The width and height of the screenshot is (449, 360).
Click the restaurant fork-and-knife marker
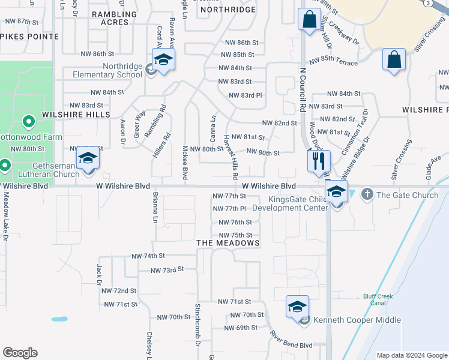click(x=318, y=160)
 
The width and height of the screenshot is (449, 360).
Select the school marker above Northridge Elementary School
click(x=163, y=59)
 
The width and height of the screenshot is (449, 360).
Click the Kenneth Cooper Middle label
click(x=357, y=320)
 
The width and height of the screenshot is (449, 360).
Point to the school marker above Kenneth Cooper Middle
click(x=297, y=307)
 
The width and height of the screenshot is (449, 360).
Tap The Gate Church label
click(x=407, y=195)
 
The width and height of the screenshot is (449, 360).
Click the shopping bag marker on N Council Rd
click(x=309, y=20)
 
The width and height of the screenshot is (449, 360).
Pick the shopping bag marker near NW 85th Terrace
click(x=394, y=59)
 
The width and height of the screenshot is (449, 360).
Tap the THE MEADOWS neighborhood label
click(x=228, y=243)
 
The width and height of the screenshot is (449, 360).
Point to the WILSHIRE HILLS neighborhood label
click(x=76, y=114)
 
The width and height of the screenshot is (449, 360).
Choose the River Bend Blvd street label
click(x=291, y=340)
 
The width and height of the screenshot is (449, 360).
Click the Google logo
click(x=20, y=353)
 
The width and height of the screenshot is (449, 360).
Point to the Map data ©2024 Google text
click(x=411, y=355)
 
